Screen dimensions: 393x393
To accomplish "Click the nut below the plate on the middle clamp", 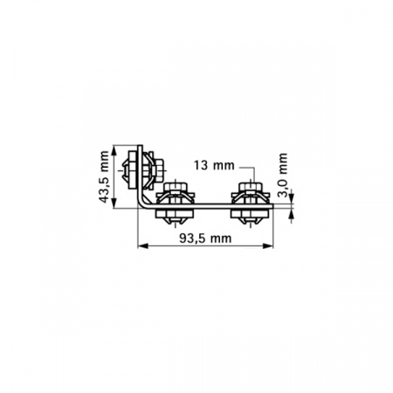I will point(174,215).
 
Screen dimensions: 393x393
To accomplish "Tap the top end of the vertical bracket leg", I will point(140,144).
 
